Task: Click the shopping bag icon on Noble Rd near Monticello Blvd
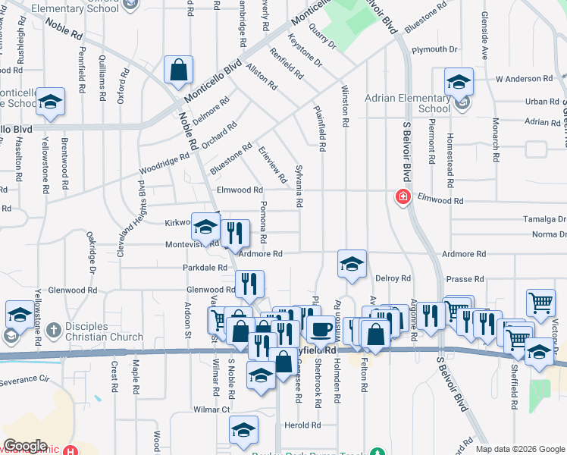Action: tap(178, 71)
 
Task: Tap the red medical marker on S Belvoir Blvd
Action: tap(403, 197)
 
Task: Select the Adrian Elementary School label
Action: tap(408, 103)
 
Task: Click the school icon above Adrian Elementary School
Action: tap(459, 80)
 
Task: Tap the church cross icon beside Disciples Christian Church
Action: tap(52, 331)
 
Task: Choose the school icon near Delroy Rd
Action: tap(352, 264)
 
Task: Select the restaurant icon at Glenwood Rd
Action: tap(249, 284)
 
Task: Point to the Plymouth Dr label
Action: tap(434, 49)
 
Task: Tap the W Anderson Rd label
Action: tap(524, 78)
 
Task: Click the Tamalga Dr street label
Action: tap(544, 218)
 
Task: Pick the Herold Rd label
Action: tap(302, 425)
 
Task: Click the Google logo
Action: tap(24, 446)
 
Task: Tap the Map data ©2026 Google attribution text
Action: tap(519, 449)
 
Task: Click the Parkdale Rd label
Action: tap(205, 268)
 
